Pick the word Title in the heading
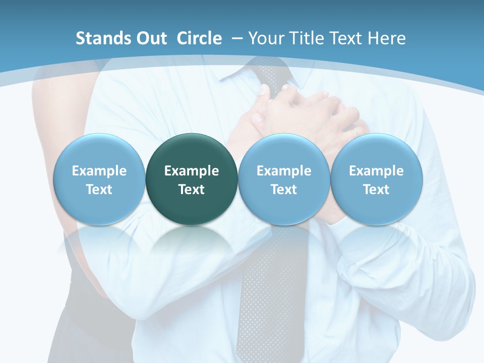tap(305, 38)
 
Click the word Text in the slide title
tap(345, 38)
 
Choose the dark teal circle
tap(192, 179)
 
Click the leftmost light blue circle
tap(99, 179)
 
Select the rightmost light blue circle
tap(376, 179)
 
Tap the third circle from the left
tap(284, 179)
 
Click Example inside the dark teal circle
tap(192, 171)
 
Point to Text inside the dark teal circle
tap(192, 190)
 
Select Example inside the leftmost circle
tap(99, 171)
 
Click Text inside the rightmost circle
tap(376, 190)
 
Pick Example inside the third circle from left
tap(284, 171)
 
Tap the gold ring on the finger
tap(354, 132)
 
